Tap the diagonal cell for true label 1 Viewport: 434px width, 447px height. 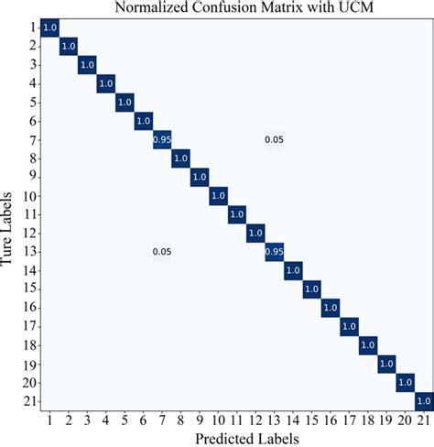(50, 27)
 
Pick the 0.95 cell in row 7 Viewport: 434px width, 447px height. (162, 139)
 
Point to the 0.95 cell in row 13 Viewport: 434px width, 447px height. (275, 251)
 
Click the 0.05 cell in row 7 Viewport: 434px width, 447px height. (275, 139)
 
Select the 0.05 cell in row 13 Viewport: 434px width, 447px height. (162, 251)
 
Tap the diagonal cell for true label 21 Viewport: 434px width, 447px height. (424, 400)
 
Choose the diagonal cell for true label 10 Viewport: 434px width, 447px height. (218, 195)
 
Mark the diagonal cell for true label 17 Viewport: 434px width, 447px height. (349, 325)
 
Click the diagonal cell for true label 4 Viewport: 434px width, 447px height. (106, 83)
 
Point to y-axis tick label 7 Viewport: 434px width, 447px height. (32, 139)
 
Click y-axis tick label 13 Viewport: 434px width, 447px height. (29, 251)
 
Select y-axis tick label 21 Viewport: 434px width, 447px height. (29, 400)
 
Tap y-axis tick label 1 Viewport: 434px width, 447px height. (32, 27)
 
